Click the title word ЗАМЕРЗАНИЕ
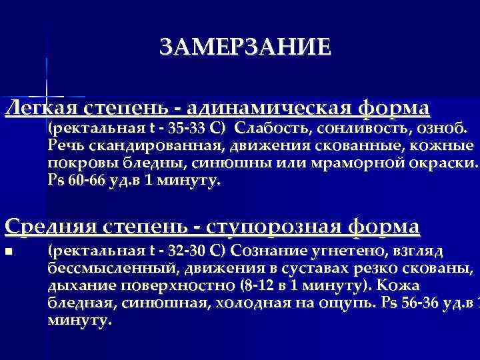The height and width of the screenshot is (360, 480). click(245, 47)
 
